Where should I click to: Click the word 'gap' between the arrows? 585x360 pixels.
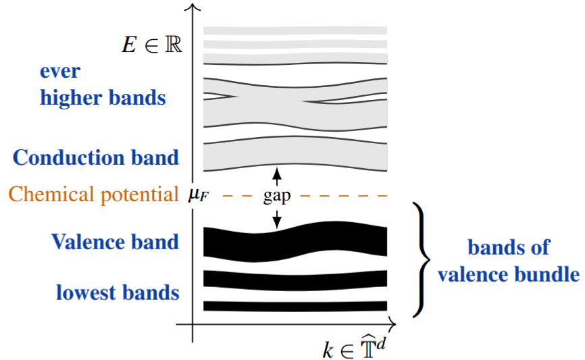click(x=277, y=197)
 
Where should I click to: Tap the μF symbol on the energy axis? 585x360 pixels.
click(x=197, y=196)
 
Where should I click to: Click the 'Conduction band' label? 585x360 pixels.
click(x=96, y=157)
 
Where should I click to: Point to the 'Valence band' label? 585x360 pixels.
click(x=115, y=241)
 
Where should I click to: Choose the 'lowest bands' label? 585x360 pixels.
click(x=118, y=292)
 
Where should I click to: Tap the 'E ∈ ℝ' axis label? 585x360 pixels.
click(x=149, y=45)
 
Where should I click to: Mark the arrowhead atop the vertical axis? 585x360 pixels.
click(x=193, y=8)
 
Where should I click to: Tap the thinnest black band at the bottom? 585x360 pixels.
click(x=295, y=306)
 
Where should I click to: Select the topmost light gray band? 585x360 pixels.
click(x=295, y=30)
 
